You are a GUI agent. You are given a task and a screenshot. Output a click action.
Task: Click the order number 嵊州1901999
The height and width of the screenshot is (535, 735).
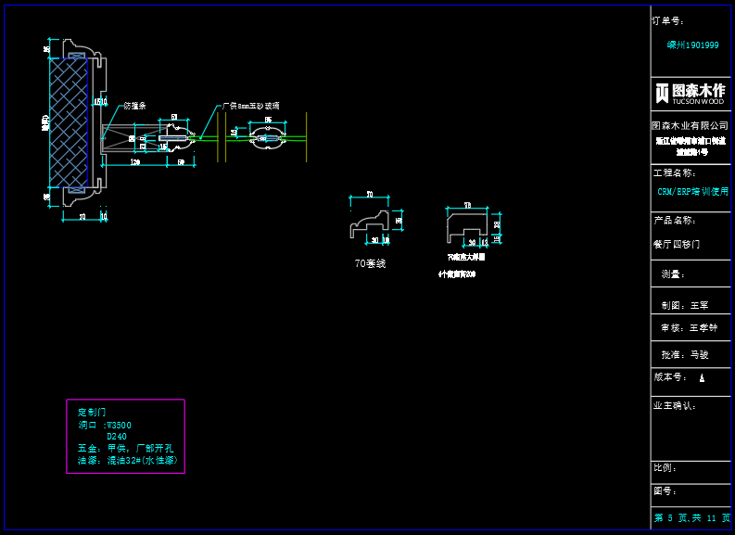692,45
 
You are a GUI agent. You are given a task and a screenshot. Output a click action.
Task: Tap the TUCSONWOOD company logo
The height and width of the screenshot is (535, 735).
691,92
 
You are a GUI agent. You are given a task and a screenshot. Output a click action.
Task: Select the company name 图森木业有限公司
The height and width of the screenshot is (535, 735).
691,125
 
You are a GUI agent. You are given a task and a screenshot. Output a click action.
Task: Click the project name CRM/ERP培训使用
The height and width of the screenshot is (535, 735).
692,191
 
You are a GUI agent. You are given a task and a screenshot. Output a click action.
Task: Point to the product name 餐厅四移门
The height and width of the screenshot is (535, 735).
677,245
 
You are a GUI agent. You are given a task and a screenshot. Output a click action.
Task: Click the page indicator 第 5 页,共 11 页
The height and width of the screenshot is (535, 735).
691,517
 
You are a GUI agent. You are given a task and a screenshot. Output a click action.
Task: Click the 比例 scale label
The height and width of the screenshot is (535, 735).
665,467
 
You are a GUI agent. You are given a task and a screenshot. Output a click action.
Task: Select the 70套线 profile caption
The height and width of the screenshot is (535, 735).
370,263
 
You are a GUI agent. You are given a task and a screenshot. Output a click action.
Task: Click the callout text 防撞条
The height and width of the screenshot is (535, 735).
135,106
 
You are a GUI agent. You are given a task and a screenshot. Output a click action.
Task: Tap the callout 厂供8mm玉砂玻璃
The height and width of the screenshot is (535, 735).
251,107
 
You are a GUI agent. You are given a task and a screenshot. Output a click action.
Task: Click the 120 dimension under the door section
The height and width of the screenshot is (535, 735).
134,162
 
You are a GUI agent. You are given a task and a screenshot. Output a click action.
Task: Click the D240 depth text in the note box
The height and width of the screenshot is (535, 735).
117,436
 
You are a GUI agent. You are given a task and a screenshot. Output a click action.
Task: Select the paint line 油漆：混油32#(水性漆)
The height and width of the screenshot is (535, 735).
127,460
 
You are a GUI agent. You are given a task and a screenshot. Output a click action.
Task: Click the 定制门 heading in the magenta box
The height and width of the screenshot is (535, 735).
91,412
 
